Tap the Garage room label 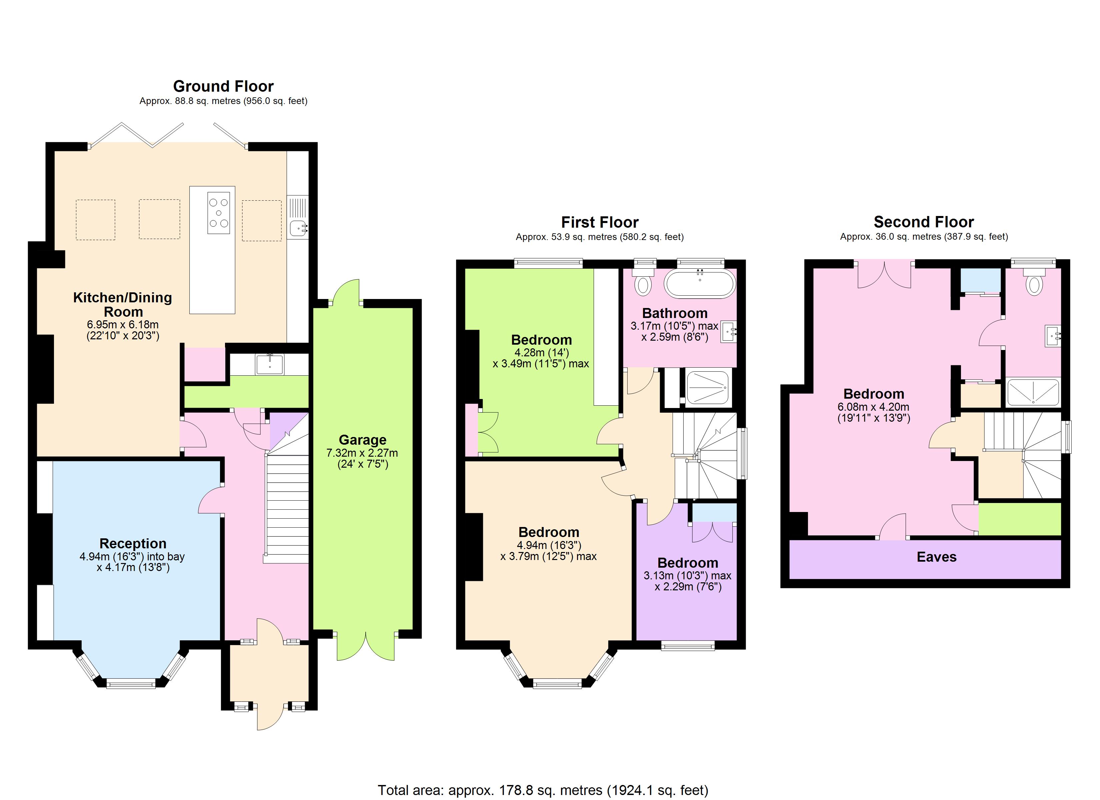click(362, 440)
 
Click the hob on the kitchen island click(219, 213)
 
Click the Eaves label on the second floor click(936, 557)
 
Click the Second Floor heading click(923, 222)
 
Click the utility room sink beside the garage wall click(270, 364)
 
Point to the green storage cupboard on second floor click(1019, 519)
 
